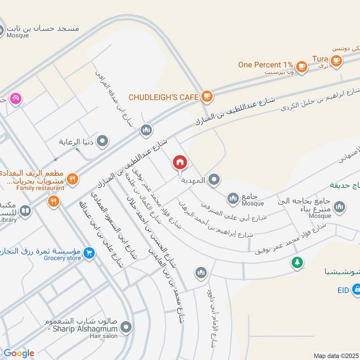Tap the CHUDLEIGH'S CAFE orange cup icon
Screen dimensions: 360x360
click(x=207, y=96)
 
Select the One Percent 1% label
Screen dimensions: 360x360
click(x=266, y=65)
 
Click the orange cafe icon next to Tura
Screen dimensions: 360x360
click(x=335, y=60)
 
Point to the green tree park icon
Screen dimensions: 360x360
click(x=297, y=262)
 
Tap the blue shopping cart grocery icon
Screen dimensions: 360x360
click(x=89, y=253)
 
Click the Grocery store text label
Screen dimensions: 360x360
click(x=63, y=258)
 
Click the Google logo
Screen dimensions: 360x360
click(x=19, y=353)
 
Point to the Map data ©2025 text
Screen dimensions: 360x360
click(x=336, y=355)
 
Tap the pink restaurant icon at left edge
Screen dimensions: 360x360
click(x=15, y=99)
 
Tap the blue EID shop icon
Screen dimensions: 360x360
click(x=356, y=288)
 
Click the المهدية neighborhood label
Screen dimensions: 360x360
click(x=193, y=180)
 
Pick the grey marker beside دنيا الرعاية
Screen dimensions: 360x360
click(x=103, y=142)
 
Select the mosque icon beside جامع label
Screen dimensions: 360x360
click(x=233, y=198)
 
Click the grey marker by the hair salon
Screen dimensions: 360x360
click(x=127, y=328)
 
